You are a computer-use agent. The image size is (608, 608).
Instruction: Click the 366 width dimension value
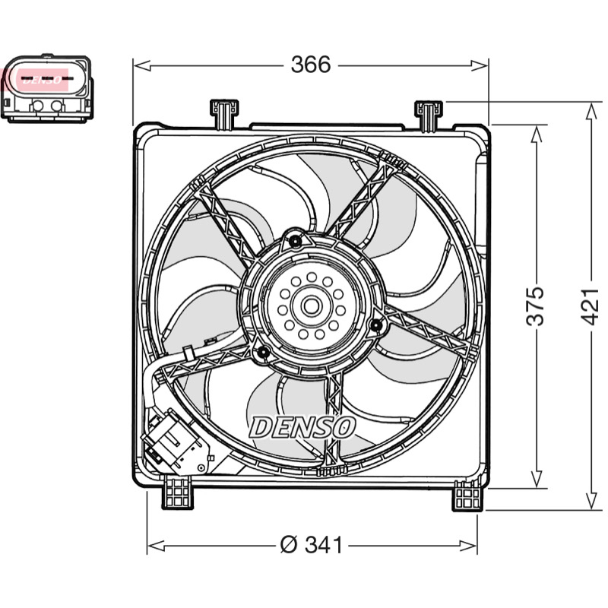[x=311, y=65]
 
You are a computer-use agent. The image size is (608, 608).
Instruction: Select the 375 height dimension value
[x=536, y=306]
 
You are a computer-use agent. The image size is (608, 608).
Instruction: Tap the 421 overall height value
[x=591, y=306]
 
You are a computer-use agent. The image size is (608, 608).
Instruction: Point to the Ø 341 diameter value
[x=312, y=545]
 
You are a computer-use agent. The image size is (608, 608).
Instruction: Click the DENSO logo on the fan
[x=302, y=427]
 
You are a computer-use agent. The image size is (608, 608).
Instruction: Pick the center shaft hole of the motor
[x=311, y=306]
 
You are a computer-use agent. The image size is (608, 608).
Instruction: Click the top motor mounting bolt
[x=296, y=241]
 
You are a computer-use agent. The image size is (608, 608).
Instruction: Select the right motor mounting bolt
[x=376, y=325]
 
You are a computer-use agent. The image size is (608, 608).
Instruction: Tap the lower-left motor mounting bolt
[x=263, y=353]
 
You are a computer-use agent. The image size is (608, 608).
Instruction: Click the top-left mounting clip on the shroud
[x=224, y=114]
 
